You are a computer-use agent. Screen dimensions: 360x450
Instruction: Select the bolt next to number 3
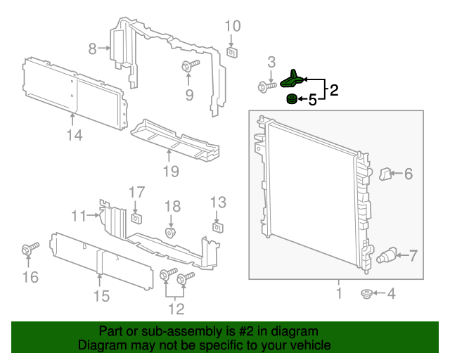266,86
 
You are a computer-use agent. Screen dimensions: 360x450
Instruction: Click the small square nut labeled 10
231,51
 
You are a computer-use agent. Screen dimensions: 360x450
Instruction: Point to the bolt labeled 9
188,67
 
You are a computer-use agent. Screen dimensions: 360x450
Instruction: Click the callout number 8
92,49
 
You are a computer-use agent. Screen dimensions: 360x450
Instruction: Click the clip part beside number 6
385,172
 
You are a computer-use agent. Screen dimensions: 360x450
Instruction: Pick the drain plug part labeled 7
387,255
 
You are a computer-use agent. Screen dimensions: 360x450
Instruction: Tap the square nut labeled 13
218,226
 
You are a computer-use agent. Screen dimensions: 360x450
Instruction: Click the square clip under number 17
136,216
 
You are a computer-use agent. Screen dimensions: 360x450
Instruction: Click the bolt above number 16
30,249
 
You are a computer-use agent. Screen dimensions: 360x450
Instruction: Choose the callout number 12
175,308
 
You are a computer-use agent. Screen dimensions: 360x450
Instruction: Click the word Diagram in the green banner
101,345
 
